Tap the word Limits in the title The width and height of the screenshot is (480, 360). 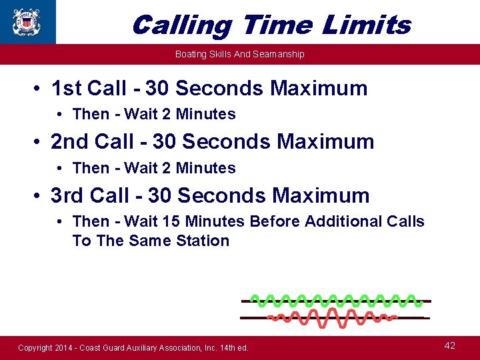pyautogui.click(x=366, y=25)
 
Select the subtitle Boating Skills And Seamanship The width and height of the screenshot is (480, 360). pyautogui.click(x=239, y=54)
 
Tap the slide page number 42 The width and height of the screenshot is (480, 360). pyautogui.click(x=450, y=345)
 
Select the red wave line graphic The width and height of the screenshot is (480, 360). pyautogui.click(x=331, y=317)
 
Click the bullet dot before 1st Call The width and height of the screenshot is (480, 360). pyautogui.click(x=41, y=89)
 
